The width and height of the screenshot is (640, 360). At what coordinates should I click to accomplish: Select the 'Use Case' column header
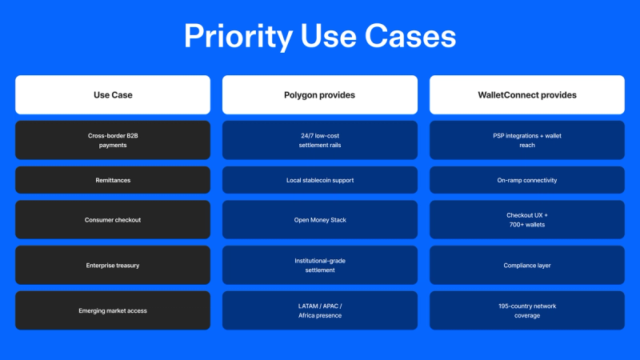(x=113, y=94)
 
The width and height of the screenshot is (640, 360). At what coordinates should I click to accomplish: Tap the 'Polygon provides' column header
(x=320, y=94)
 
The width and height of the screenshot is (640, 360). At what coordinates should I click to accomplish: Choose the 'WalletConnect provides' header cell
(x=526, y=94)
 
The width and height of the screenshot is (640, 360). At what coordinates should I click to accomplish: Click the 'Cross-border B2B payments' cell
(x=113, y=140)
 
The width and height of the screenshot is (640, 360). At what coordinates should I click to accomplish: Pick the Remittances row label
(x=113, y=180)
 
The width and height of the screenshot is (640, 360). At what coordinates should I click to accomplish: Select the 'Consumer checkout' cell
(x=113, y=219)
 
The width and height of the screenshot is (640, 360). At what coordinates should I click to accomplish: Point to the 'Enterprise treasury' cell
(x=113, y=265)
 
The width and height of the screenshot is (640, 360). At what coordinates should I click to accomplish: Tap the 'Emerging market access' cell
(x=113, y=310)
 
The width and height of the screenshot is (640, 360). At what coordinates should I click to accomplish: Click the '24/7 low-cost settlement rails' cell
(x=320, y=140)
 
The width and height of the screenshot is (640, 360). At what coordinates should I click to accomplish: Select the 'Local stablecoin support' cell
(x=320, y=180)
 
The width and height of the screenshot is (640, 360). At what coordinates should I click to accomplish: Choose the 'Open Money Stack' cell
(x=320, y=219)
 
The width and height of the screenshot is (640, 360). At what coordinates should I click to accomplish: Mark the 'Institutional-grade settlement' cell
(x=320, y=265)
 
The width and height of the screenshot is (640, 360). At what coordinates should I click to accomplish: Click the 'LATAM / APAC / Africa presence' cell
(x=320, y=310)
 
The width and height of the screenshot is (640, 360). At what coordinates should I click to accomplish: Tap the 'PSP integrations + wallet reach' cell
(x=526, y=140)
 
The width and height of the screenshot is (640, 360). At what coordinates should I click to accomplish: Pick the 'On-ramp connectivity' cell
(x=526, y=180)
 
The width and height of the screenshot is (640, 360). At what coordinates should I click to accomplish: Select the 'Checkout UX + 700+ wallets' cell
(x=526, y=219)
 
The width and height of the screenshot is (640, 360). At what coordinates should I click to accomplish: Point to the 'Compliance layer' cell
(x=526, y=265)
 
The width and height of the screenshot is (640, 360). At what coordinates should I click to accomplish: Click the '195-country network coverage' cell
(x=526, y=310)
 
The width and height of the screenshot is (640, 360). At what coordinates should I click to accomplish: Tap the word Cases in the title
(x=408, y=37)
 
